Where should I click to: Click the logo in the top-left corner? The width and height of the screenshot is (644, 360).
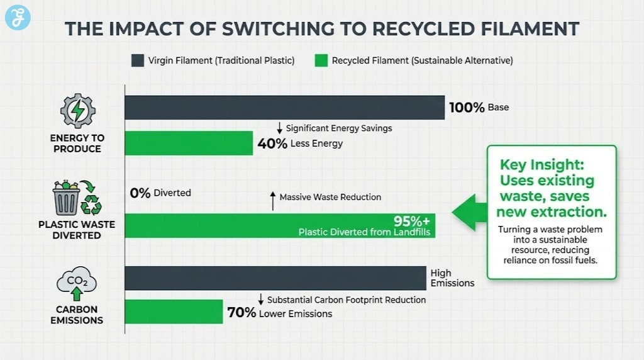(18, 17)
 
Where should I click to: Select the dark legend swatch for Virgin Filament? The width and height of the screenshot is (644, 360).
(138, 60)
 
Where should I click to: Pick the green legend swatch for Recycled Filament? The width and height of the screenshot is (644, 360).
(321, 60)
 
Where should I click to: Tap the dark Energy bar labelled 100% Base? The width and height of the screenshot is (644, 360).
(284, 108)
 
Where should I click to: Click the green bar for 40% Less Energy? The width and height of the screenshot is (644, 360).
(189, 143)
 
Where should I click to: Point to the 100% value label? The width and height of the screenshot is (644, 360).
(467, 108)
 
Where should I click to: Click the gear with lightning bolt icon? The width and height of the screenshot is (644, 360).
(77, 111)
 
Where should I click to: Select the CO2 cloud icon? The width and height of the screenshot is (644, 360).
(77, 283)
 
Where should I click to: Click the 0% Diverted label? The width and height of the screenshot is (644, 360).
(140, 193)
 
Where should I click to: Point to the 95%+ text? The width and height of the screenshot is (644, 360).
(413, 221)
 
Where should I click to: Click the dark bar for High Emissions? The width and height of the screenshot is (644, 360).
(275, 278)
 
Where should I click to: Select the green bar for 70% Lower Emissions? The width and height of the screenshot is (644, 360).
(174, 312)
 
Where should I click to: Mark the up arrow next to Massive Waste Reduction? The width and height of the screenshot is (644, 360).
(272, 200)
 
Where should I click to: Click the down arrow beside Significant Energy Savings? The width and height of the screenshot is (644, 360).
(279, 128)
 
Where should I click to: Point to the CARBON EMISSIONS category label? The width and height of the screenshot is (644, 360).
(77, 315)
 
